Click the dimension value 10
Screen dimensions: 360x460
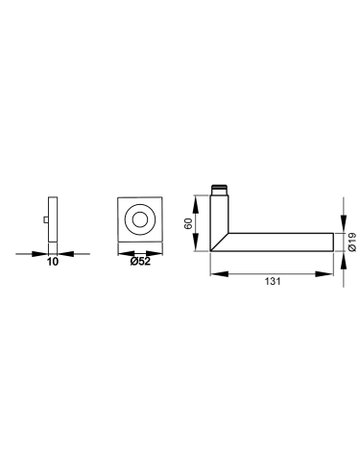pos(53,262)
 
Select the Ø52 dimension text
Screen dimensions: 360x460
pos(140,262)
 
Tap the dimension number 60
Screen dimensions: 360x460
pos(189,223)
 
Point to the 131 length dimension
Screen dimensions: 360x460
pos(273,281)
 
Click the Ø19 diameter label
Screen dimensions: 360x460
pos(352,242)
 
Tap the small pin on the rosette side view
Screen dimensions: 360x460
pos(46,219)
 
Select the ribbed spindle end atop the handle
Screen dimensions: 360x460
pos(220,189)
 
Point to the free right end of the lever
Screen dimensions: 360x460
pos(333,242)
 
